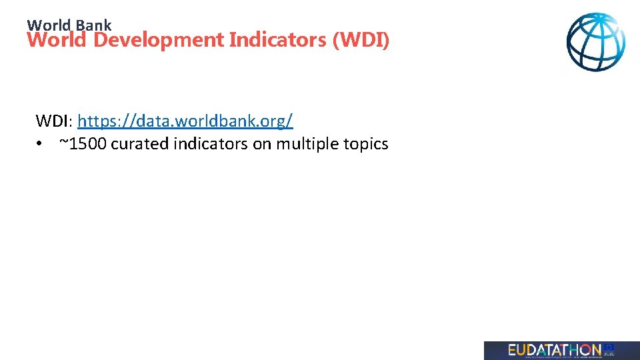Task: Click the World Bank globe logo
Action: pos(596,43)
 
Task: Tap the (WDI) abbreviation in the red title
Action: pos(361,40)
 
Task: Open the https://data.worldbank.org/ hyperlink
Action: pos(185,121)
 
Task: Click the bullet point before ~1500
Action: pos(41,144)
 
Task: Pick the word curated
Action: pos(139,144)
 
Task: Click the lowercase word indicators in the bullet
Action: pos(211,144)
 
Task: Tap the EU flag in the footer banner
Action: pos(609,347)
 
